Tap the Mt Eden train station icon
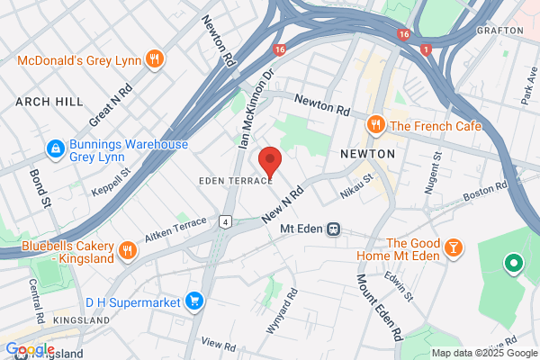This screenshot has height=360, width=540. click(x=333, y=229)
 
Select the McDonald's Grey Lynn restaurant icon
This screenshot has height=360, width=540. click(x=156, y=60)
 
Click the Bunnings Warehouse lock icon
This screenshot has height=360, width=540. click(x=54, y=146)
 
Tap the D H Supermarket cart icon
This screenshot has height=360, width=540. click(x=193, y=301)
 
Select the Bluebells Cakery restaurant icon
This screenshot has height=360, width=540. click(x=127, y=248)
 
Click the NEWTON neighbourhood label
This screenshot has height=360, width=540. click(x=368, y=154)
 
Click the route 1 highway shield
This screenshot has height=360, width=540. click(x=425, y=50)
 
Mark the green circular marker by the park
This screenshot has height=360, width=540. click(x=513, y=264)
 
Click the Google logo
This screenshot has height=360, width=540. click(x=30, y=349)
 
